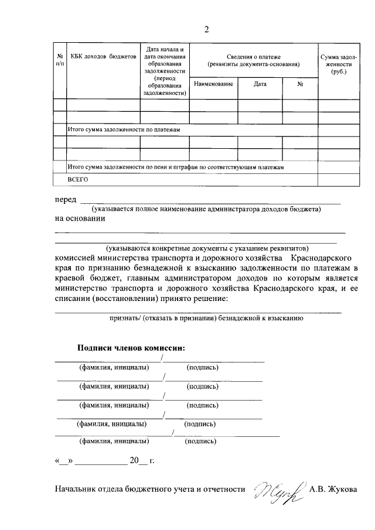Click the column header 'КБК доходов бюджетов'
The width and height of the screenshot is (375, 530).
[x=103, y=57]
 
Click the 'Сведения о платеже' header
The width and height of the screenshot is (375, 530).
[x=253, y=59]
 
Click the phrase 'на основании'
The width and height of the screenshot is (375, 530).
[x=80, y=219]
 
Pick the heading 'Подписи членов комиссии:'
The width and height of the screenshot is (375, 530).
[x=131, y=347]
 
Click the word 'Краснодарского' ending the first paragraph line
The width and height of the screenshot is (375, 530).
[x=321, y=257]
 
